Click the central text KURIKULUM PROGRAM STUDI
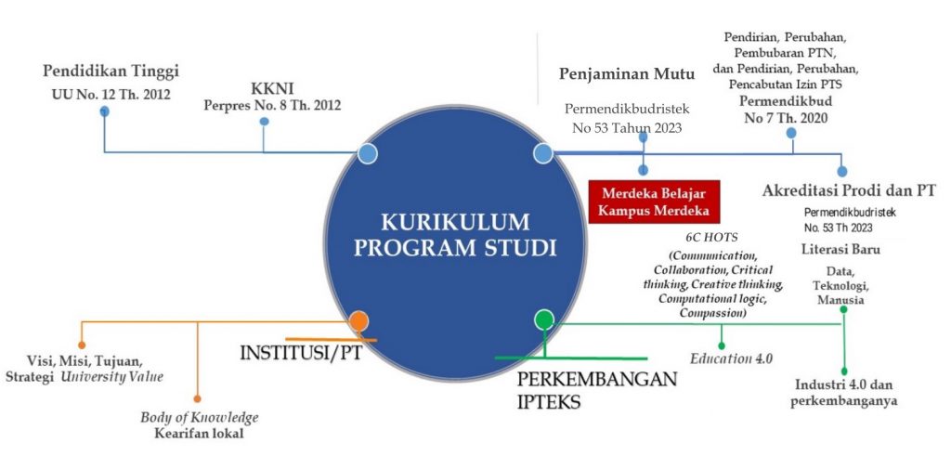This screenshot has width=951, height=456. (x=455, y=235)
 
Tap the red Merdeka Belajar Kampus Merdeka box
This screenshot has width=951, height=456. (x=655, y=202)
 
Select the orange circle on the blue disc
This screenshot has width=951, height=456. (x=359, y=320)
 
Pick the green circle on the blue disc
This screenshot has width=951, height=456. (x=544, y=319)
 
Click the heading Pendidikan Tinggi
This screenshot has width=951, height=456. (x=111, y=71)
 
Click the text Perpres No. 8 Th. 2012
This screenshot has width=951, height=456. (x=272, y=106)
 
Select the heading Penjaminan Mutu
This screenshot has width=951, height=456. (x=627, y=74)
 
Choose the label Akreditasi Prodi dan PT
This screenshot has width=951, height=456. (x=849, y=190)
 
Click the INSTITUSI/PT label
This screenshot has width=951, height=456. (x=301, y=353)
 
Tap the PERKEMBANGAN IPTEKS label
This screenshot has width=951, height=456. (x=597, y=390)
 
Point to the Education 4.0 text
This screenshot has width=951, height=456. (x=732, y=358)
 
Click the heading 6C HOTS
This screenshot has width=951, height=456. (x=709, y=238)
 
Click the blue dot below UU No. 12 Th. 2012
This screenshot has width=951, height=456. (x=104, y=111)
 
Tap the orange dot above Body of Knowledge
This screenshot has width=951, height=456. (x=197, y=398)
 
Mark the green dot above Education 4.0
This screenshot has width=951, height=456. (x=721, y=345)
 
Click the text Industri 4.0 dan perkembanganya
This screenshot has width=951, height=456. (x=843, y=393)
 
